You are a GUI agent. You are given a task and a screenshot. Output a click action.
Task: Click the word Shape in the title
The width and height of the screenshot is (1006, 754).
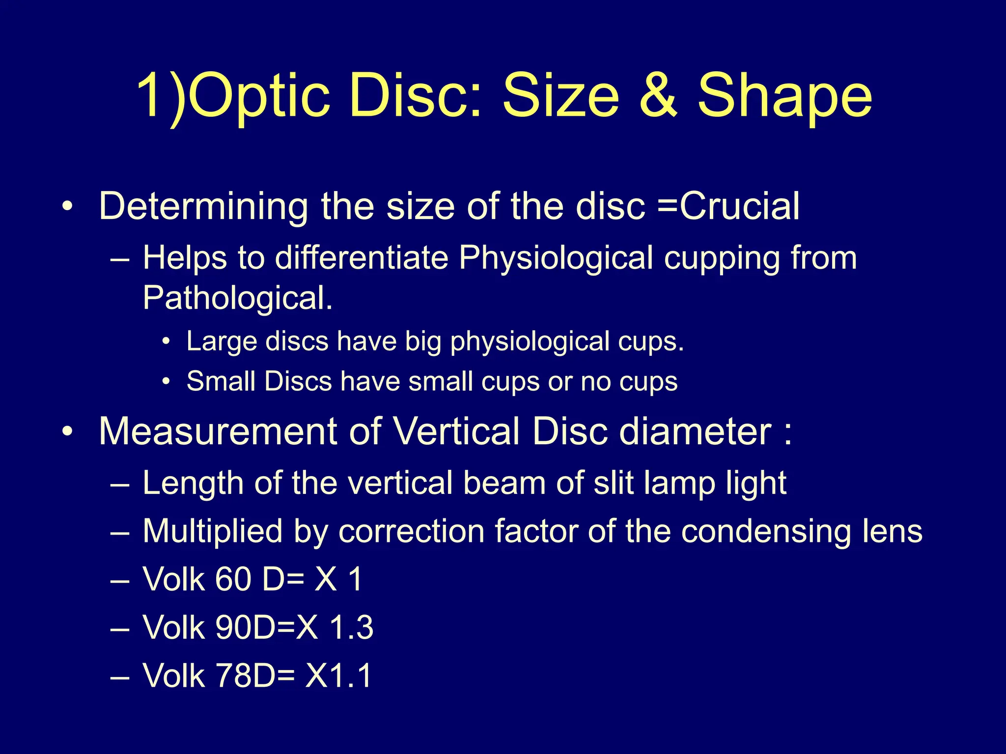tap(784, 96)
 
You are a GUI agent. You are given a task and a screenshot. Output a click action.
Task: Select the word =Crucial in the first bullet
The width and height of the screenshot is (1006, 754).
tap(728, 206)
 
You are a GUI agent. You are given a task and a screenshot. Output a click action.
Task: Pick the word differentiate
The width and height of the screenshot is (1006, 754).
tap(362, 257)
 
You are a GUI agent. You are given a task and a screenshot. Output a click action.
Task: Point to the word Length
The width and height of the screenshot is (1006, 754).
tap(193, 484)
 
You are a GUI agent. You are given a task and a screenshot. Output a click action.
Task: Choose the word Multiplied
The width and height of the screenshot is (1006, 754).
tap(212, 532)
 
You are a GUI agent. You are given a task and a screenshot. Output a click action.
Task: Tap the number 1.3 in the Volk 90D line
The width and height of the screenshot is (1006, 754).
tap(351, 627)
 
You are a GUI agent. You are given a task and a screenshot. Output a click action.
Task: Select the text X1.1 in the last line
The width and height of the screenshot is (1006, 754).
tap(338, 675)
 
